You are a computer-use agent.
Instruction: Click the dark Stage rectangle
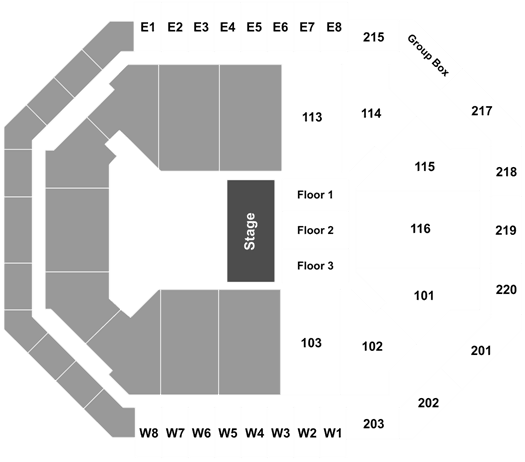coord(251,231)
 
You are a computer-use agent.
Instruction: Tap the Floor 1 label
coord(315,195)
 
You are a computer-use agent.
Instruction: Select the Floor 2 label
coord(315,230)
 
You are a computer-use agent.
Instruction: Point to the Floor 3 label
coord(315,265)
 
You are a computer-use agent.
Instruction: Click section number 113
coord(312,117)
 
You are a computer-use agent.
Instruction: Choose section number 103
coord(311,343)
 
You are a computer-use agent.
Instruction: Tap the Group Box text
coord(428,55)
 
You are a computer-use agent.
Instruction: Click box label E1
coord(148,27)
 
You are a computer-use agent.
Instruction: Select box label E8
coord(334,27)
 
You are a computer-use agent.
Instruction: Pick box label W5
coord(228,433)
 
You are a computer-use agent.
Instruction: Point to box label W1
coord(332,433)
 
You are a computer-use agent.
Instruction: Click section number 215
coord(374,37)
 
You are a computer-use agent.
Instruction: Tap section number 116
coord(421,229)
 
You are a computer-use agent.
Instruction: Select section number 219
coord(506,230)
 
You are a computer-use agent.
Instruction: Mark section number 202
coord(428,402)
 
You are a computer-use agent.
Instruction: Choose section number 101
coord(424,296)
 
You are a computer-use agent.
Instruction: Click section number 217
coord(482,110)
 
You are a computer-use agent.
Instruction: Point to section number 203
coord(374,424)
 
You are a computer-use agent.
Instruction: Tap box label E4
coord(228,27)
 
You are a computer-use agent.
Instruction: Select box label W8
coord(149,433)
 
